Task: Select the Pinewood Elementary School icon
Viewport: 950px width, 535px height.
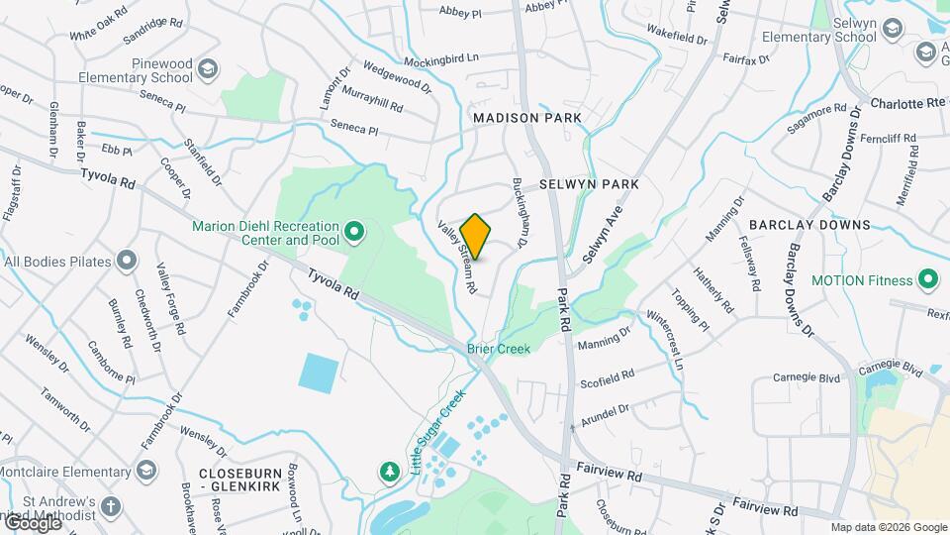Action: [208, 68]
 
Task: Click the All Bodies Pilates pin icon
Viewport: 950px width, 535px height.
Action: [127, 262]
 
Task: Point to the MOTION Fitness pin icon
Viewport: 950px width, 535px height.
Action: [928, 280]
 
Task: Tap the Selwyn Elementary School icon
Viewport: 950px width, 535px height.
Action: [893, 29]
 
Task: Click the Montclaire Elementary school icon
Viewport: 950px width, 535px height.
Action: [147, 469]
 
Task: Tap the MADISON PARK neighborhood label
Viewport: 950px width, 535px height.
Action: [526, 118]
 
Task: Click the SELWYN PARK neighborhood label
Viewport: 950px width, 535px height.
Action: [589, 184]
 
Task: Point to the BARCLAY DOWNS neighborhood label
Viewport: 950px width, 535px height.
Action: [809, 225]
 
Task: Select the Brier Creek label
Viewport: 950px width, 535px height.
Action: [499, 349]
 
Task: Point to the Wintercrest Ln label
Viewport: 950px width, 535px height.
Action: [664, 342]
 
